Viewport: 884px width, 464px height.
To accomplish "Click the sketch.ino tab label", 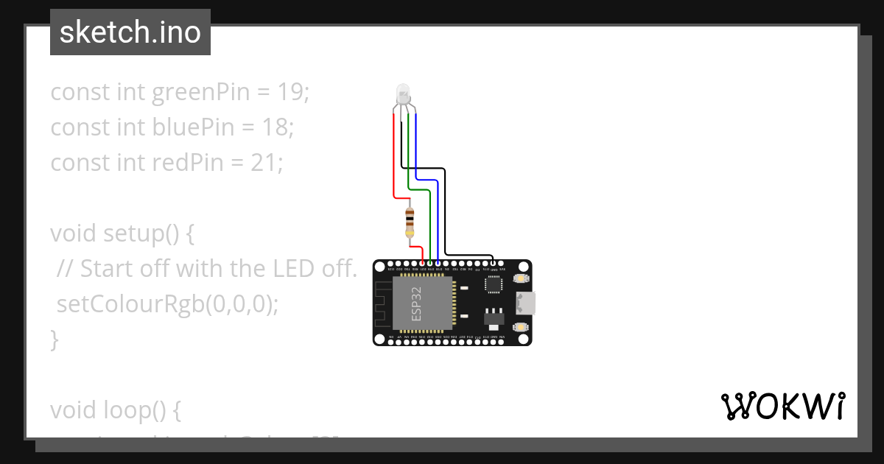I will pyautogui.click(x=130, y=32).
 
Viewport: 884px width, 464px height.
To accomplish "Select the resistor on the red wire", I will pyautogui.click(x=410, y=222).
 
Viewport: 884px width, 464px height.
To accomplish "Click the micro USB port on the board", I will pyautogui.click(x=526, y=302).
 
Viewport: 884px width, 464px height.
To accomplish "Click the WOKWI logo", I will pyautogui.click(x=782, y=406).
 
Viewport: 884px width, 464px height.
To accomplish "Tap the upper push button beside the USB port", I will pyautogui.click(x=521, y=278).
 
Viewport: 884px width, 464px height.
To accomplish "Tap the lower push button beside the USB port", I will pyautogui.click(x=521, y=326).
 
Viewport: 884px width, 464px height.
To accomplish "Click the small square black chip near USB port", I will pyautogui.click(x=493, y=284).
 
